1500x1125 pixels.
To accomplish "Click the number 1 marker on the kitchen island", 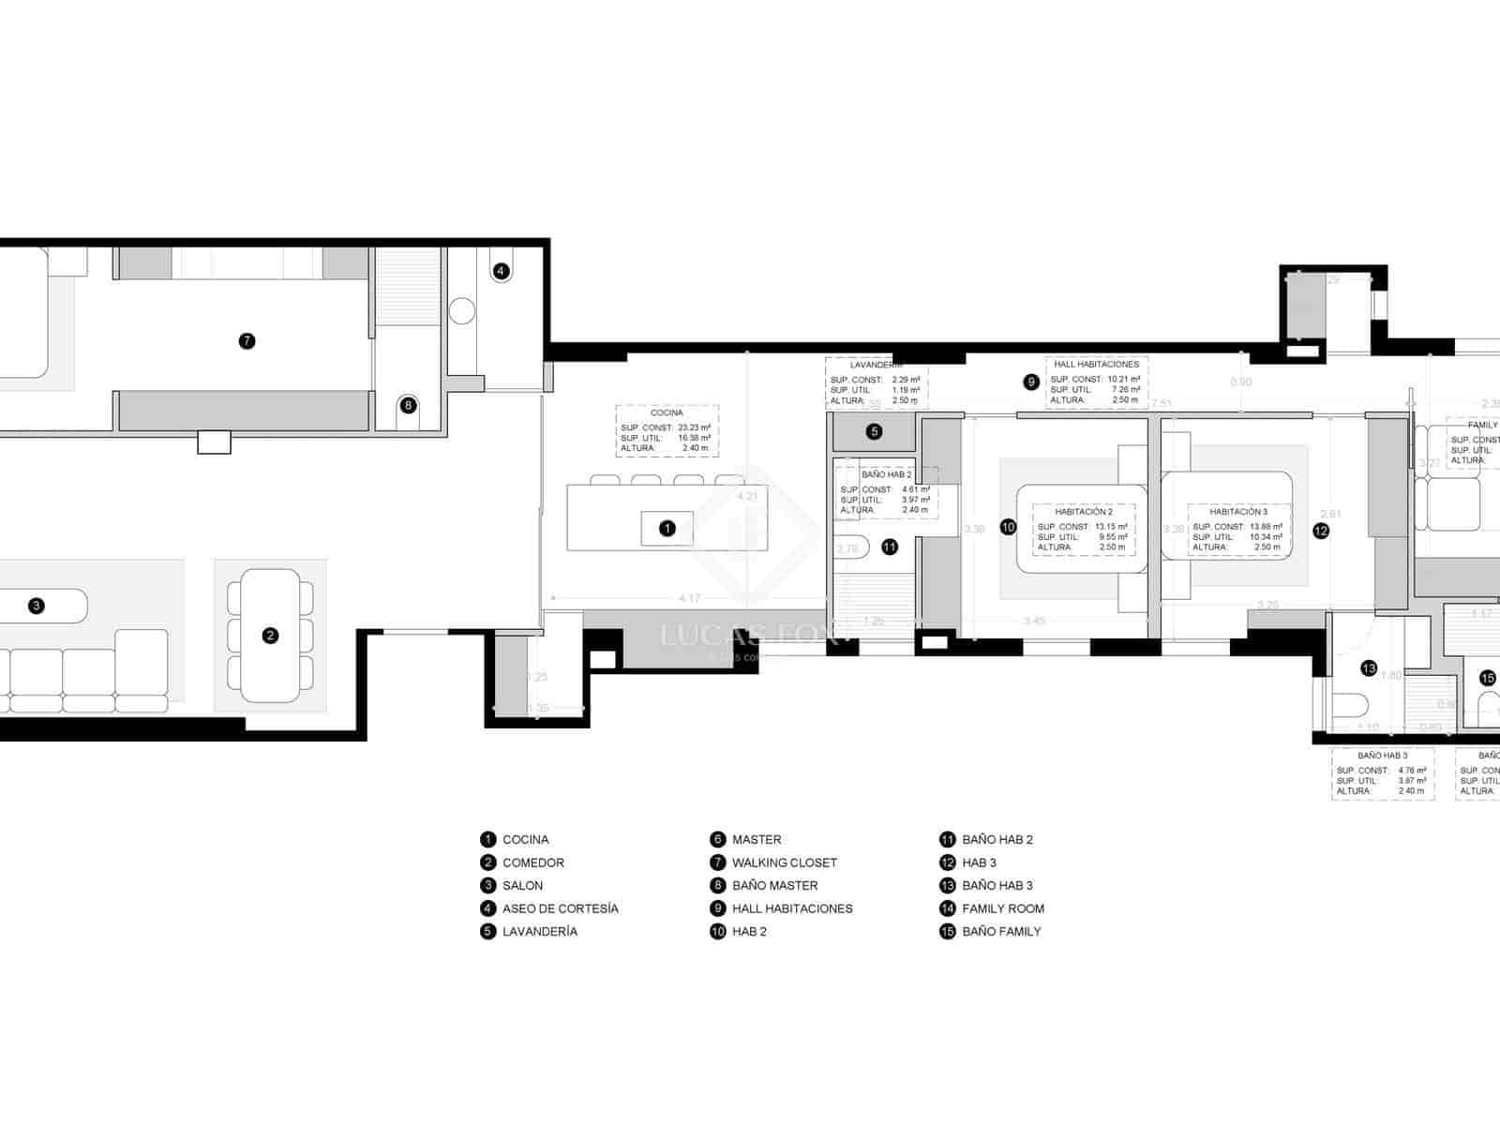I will [x=667, y=529].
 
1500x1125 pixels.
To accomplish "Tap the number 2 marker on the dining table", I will [x=270, y=636].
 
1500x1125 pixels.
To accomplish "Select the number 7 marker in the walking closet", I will [x=247, y=341].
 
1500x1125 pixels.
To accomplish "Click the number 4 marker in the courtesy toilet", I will [x=501, y=271].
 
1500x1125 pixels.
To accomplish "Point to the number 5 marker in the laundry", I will [x=874, y=432].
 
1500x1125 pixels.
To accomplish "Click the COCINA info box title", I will [x=667, y=412].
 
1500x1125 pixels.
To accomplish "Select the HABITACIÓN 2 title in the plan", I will [x=1083, y=512].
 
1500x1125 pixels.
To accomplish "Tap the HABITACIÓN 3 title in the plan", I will [x=1238, y=512].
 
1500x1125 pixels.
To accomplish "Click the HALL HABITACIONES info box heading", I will [x=1096, y=364].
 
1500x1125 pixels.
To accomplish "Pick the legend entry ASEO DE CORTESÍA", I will [x=560, y=908].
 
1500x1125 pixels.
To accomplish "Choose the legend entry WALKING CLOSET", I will [x=784, y=862].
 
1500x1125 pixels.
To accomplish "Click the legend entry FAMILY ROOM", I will [x=1002, y=908].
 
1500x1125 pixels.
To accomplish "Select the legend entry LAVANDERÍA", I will [x=539, y=932].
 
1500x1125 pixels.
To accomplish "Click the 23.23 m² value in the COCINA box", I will [x=694, y=427].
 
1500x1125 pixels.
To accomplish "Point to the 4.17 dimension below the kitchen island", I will [x=689, y=598].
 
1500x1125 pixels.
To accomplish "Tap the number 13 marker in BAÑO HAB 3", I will [x=1369, y=668].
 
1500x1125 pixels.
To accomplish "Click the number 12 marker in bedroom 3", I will [x=1320, y=531].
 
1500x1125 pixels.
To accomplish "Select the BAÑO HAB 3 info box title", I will [x=1382, y=755].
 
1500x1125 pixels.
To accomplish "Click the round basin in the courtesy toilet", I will [x=462, y=311].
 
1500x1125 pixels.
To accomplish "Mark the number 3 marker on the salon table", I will [x=37, y=606].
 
